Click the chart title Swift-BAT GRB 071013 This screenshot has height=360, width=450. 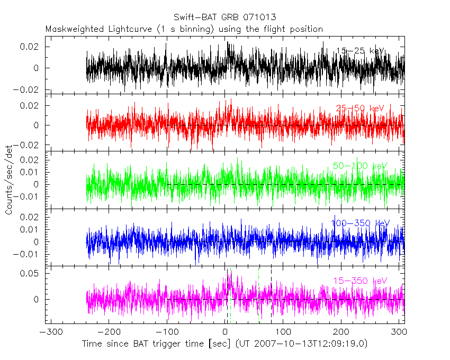click(x=224, y=17)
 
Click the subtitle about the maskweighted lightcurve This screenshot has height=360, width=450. click(x=184, y=29)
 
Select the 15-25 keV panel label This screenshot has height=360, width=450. click(x=361, y=51)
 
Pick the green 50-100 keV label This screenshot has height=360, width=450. click(x=361, y=166)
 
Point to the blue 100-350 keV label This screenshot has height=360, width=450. click(x=359, y=223)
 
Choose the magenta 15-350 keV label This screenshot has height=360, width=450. click(x=361, y=281)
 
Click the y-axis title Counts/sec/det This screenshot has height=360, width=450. click(x=9, y=180)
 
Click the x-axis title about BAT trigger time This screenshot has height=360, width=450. click(x=224, y=344)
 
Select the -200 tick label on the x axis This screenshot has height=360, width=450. click(x=109, y=332)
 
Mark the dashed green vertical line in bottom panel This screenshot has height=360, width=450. click(x=258, y=296)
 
